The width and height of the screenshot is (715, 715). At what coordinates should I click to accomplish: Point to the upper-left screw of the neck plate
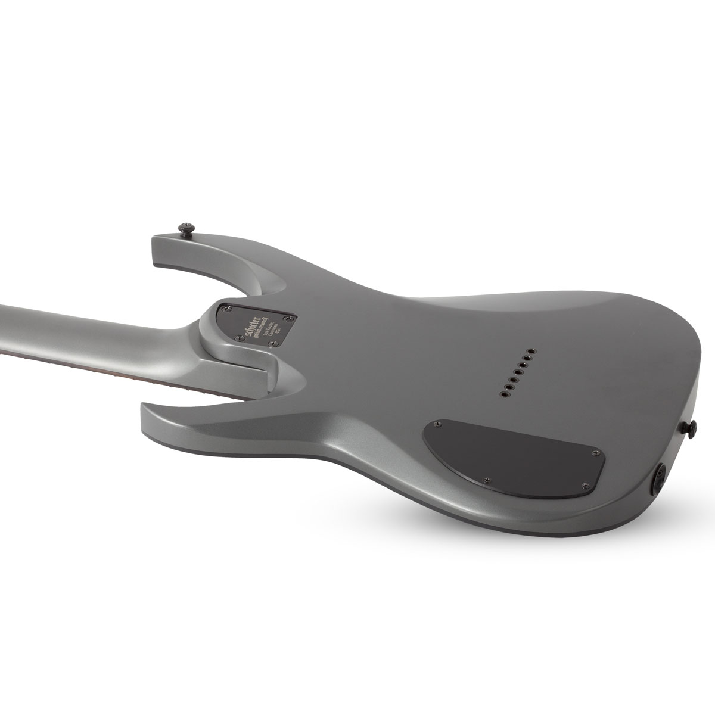(x=226, y=309)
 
